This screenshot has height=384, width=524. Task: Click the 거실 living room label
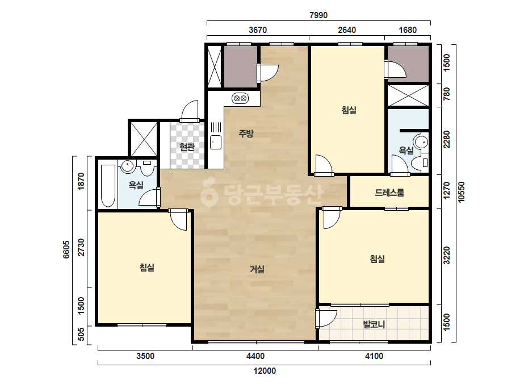click(x=257, y=269)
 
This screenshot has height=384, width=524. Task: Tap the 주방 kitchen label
click(x=246, y=133)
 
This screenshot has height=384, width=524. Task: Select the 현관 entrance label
click(x=187, y=147)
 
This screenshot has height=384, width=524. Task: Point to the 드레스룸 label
click(x=389, y=193)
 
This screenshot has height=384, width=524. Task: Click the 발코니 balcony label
click(x=374, y=324)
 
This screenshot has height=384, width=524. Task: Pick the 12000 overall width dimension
click(x=265, y=371)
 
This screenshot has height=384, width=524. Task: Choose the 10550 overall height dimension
click(x=462, y=191)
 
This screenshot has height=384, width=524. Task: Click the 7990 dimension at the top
click(x=318, y=15)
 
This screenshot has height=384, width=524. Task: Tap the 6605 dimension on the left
click(x=66, y=249)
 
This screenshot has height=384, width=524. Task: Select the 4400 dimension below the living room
click(x=255, y=356)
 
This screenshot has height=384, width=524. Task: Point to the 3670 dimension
click(x=258, y=30)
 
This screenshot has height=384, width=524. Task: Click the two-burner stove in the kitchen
click(x=240, y=98)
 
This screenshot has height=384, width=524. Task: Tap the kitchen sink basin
click(x=216, y=142)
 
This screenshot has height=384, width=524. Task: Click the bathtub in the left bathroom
click(x=108, y=186)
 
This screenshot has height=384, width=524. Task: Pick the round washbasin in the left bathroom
click(x=128, y=166)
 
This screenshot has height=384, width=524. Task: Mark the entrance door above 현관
click(x=190, y=111)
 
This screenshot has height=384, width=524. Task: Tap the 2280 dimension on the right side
click(x=446, y=140)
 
